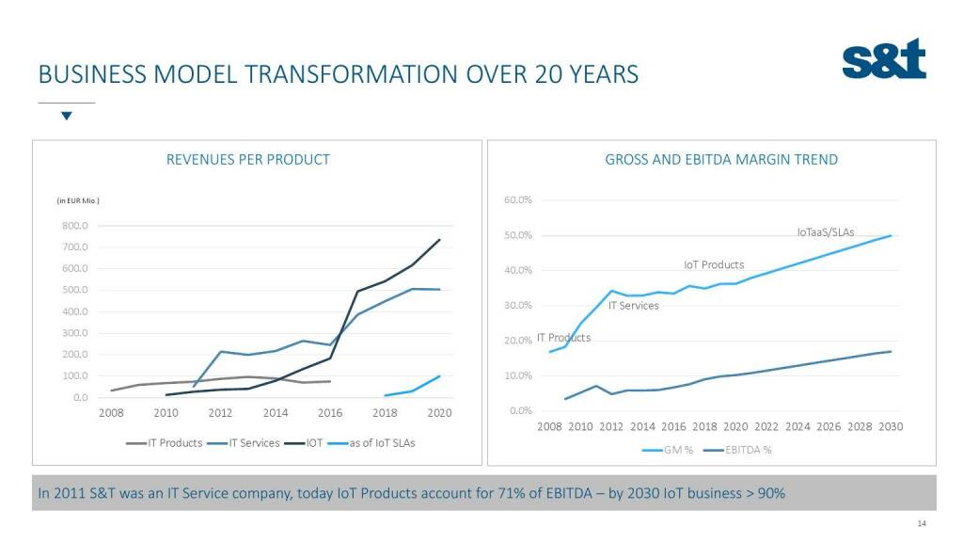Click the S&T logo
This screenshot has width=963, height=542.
[884, 59]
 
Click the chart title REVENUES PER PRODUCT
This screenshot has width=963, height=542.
[247, 160]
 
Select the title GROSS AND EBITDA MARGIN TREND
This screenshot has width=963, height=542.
[721, 160]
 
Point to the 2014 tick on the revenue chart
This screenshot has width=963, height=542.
[276, 413]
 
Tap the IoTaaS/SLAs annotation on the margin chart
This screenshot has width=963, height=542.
[825, 231]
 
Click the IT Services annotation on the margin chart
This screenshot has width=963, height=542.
[633, 306]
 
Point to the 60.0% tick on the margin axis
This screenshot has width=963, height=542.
[518, 200]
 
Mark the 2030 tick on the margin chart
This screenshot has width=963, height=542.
[891, 427]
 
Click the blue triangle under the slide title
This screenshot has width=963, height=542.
[66, 117]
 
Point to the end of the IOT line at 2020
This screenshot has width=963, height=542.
[439, 239]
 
